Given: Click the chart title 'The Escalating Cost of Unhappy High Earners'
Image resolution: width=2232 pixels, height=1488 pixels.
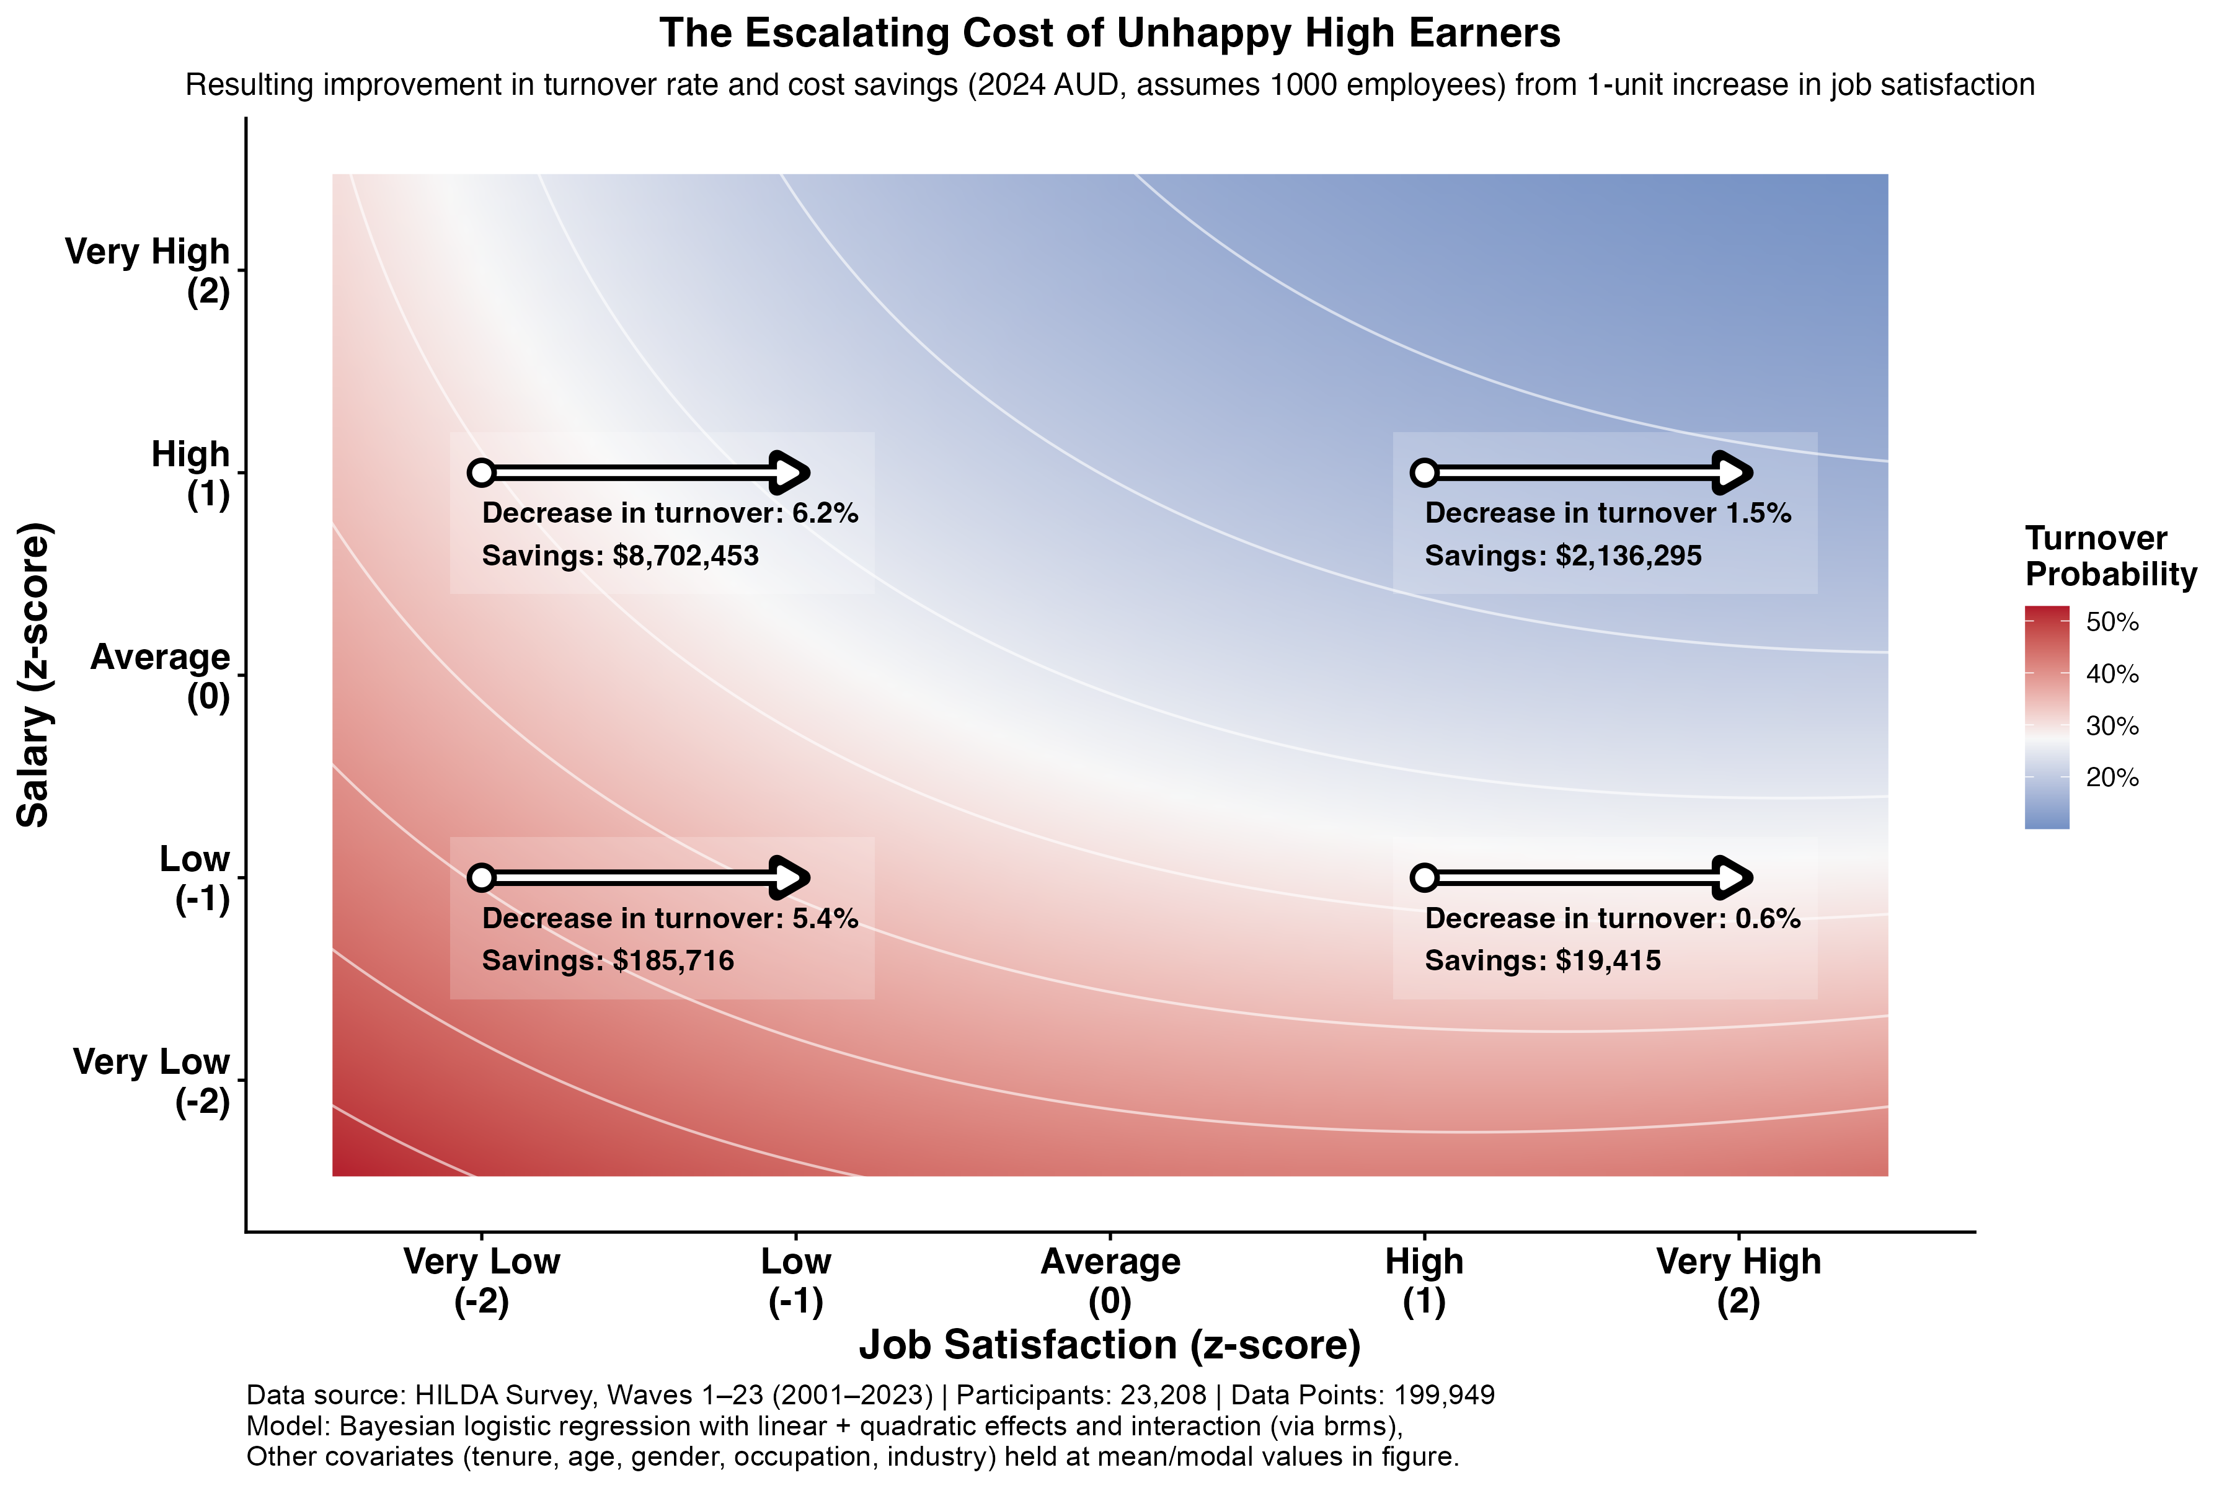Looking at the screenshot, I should coord(1109,34).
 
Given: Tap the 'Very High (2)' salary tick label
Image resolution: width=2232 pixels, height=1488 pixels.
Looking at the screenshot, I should coord(148,272).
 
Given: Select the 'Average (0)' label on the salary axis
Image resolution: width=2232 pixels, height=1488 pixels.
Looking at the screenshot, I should coord(161,676).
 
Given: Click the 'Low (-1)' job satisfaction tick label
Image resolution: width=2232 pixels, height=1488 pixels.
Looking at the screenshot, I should coord(795,1280).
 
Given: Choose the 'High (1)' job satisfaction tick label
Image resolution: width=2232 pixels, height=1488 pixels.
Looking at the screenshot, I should coord(1424,1280).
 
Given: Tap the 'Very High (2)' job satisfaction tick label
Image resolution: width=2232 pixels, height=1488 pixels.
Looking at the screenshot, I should coord(1738,1280).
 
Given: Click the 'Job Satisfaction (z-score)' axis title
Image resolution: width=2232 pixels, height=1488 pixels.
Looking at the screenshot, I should coord(1109,1345).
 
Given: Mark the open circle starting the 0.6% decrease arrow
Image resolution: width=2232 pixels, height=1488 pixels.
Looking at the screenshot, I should coord(1424,878).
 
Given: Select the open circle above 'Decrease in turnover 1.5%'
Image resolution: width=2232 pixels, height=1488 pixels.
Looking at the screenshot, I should coord(1424,472).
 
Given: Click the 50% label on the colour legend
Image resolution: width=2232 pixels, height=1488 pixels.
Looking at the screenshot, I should coord(2112,622).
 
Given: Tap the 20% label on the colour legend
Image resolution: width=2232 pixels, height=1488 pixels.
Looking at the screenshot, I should coord(2112,778).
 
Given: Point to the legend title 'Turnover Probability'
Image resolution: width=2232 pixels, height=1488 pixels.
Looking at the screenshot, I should coord(2110,557).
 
